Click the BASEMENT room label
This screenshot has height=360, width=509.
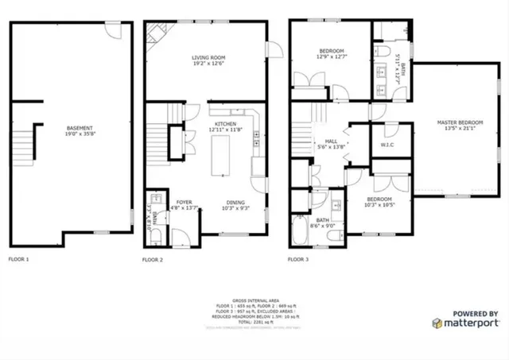[80, 128]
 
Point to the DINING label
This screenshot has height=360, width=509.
[235, 202]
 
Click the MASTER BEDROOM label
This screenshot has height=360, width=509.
[458, 122]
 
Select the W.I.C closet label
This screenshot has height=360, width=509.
[388, 145]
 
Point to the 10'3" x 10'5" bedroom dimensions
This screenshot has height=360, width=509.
[379, 204]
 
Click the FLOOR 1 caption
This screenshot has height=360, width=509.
[18, 259]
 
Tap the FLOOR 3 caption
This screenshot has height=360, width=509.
[297, 259]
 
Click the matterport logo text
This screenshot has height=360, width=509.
[472, 323]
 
